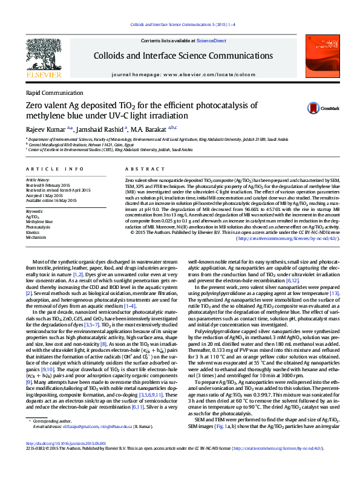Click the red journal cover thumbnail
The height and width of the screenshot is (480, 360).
[320, 54]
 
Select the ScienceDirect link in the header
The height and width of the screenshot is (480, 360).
[211, 41]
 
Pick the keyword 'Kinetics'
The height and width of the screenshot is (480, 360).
[33, 232]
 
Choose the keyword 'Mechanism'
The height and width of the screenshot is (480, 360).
[36, 238]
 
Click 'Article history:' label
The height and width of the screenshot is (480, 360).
[38, 180]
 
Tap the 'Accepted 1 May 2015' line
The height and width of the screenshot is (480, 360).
[45, 195]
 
